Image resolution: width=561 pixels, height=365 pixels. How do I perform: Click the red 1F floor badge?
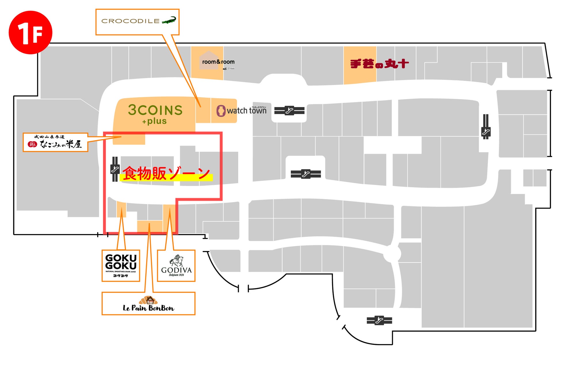(30, 32)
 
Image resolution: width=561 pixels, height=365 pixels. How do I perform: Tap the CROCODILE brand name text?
(130, 21)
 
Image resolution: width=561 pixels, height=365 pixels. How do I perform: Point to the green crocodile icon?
(169, 20)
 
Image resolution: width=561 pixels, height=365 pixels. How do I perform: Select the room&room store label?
(218, 62)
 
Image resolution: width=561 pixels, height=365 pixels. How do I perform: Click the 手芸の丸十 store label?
(379, 64)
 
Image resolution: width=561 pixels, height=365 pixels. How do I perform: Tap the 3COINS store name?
(155, 110)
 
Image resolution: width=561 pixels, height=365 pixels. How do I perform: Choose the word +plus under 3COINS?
(154, 121)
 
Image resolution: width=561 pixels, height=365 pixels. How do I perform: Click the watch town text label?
(247, 111)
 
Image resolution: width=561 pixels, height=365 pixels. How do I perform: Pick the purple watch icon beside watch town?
(221, 111)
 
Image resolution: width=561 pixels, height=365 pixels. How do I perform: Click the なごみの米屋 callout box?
(55, 142)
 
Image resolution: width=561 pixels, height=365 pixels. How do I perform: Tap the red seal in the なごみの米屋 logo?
(32, 144)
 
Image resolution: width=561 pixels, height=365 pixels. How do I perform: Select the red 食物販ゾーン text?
(166, 173)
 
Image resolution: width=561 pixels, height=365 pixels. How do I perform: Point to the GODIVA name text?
(176, 270)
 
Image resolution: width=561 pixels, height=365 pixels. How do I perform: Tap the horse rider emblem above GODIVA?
(177, 260)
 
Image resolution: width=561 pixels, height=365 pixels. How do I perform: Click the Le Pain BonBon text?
(148, 308)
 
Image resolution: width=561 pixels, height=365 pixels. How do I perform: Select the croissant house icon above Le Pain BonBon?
(148, 300)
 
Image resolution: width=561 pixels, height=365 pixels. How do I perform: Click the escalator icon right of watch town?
(289, 111)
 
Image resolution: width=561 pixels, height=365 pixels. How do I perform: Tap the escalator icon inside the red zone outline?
(115, 169)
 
